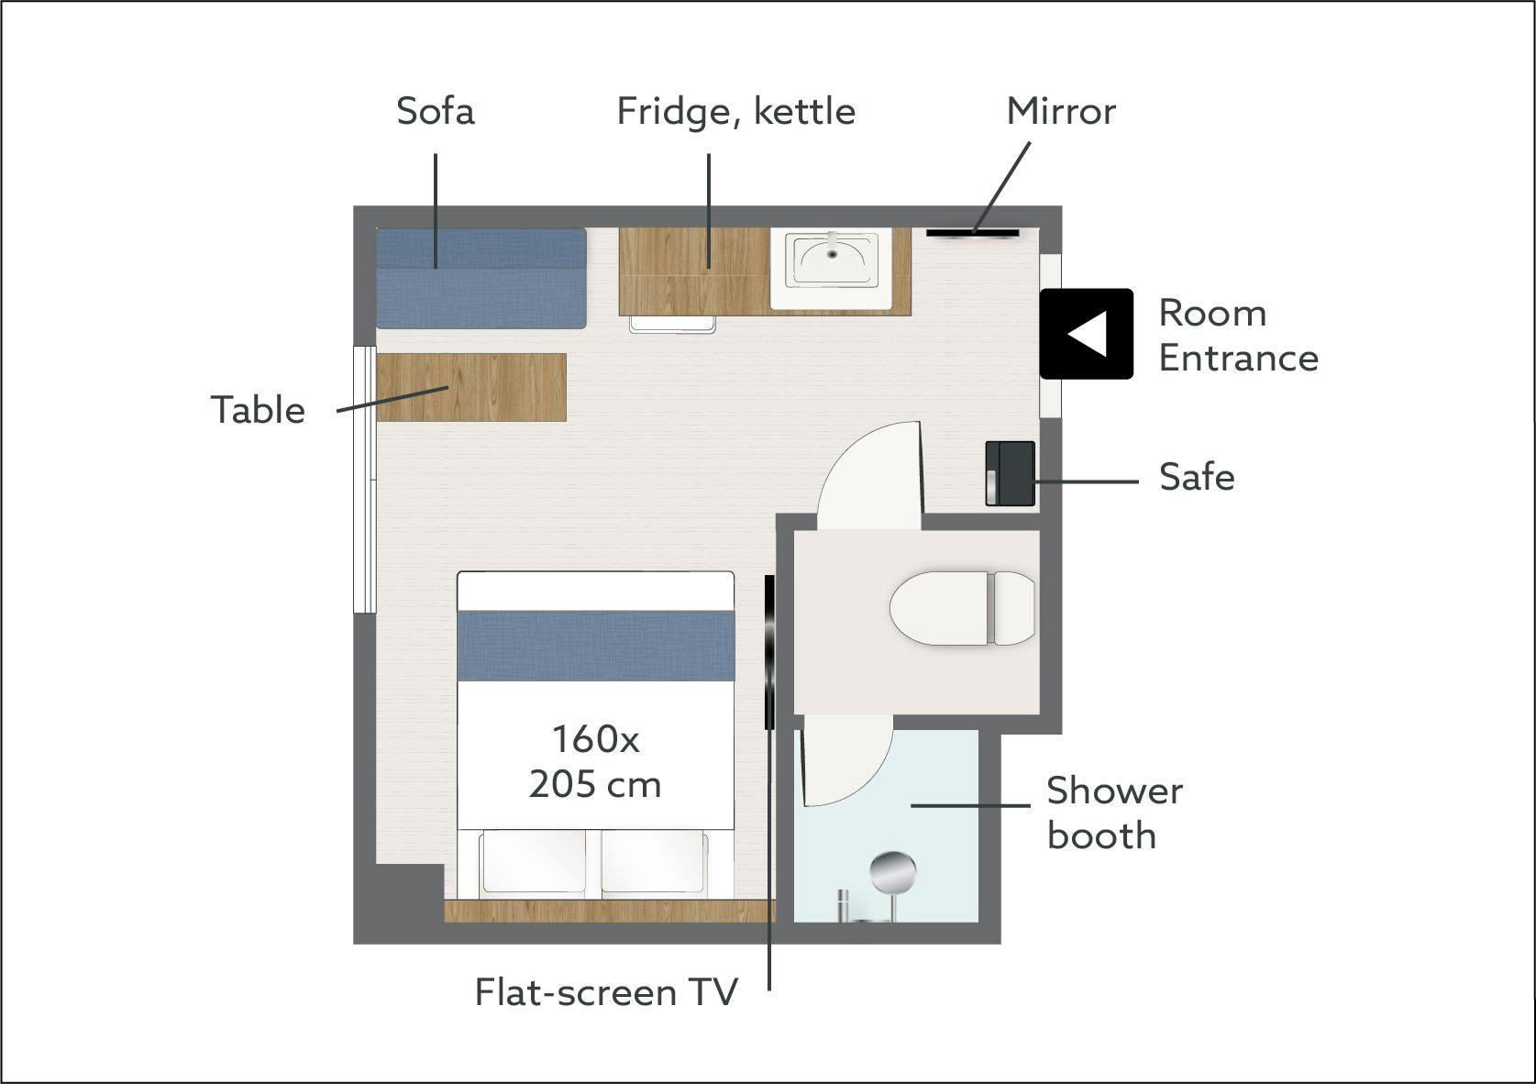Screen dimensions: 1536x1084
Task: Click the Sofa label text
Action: (x=436, y=111)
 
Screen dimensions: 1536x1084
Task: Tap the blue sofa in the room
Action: (x=481, y=279)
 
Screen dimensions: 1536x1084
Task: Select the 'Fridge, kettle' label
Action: (x=735, y=112)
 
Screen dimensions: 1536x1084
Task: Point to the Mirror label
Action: (x=1061, y=111)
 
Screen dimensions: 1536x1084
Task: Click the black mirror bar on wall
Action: (x=972, y=233)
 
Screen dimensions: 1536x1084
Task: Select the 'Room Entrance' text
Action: (x=1238, y=336)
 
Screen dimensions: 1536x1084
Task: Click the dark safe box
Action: (x=1010, y=474)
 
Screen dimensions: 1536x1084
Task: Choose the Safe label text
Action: (x=1197, y=477)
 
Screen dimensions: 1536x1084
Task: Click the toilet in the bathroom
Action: (x=962, y=608)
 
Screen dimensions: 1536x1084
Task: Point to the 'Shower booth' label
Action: (x=1114, y=813)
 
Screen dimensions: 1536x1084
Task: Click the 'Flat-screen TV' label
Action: (x=606, y=992)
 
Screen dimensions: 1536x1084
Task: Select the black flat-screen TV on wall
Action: (x=769, y=652)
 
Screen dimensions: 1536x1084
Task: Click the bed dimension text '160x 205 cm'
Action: (x=595, y=762)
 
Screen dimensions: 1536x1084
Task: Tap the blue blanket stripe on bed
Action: (x=596, y=646)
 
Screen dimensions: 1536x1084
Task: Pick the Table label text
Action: (x=258, y=410)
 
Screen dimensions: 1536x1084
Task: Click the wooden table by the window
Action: (x=471, y=387)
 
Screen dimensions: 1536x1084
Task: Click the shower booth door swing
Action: (x=847, y=760)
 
